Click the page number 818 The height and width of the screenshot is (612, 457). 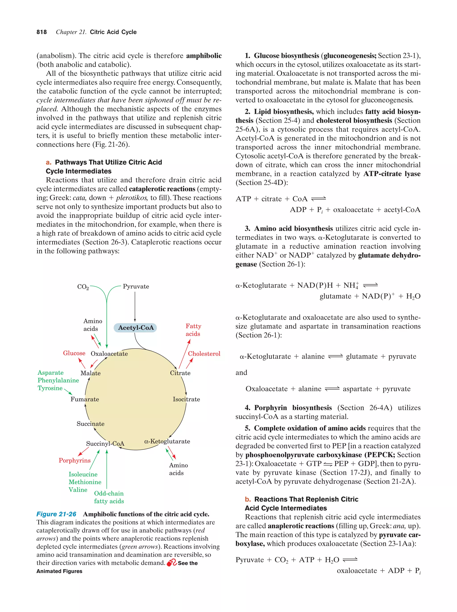point(42,32)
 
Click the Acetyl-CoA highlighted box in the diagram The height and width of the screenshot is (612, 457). point(135,328)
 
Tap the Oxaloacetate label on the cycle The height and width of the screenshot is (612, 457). point(109,354)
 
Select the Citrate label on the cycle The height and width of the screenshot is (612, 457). point(180,373)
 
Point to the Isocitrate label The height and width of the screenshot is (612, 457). point(186,399)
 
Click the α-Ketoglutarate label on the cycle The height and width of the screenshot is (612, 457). point(167,441)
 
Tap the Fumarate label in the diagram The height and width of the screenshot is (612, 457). point(85,399)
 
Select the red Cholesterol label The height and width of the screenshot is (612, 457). point(204,354)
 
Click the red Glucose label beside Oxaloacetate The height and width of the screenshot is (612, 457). point(74,353)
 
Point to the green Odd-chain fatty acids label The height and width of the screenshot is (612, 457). point(109,497)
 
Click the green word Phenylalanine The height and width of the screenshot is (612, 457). point(58,380)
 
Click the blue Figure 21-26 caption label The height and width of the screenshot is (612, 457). point(56,514)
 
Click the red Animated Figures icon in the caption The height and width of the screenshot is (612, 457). point(171,562)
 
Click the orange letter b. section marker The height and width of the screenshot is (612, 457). point(248,499)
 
